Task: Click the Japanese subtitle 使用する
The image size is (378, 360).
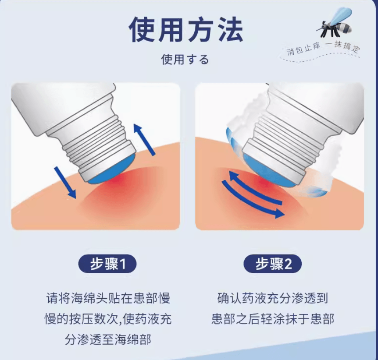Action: click(x=185, y=60)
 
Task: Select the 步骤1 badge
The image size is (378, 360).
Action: click(x=107, y=264)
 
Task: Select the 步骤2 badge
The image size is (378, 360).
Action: click(x=273, y=264)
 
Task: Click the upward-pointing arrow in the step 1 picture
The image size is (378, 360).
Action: click(x=144, y=139)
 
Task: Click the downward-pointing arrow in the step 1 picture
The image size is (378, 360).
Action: click(x=65, y=182)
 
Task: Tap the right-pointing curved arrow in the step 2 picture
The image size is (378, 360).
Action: click(x=253, y=200)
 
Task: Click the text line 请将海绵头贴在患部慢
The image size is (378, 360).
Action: click(x=108, y=298)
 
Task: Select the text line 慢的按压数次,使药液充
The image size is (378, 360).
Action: click(x=108, y=319)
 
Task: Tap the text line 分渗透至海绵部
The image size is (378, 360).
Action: click(x=108, y=339)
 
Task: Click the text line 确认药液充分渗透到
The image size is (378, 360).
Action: click(x=273, y=298)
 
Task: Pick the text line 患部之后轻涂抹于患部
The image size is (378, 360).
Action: click(x=273, y=319)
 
